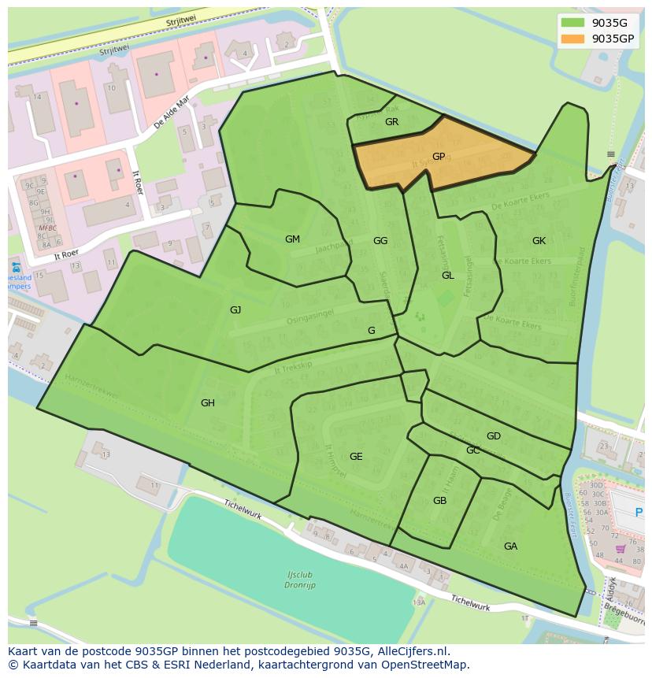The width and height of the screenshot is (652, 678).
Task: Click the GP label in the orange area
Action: (439, 157)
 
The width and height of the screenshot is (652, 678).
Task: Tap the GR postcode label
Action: (391, 122)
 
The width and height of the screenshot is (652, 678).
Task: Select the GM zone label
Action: (292, 239)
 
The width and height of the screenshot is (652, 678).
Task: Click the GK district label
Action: (539, 241)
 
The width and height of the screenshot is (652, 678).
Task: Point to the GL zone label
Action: (447, 276)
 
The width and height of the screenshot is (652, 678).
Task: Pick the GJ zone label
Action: (235, 310)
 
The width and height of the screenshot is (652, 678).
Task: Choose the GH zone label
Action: (207, 403)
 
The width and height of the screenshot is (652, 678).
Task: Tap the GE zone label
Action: (356, 457)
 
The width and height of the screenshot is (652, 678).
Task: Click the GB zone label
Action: (439, 501)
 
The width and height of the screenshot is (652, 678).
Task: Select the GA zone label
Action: (510, 546)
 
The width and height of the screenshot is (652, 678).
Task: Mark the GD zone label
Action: (493, 436)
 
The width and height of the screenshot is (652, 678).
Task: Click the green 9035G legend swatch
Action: (572, 23)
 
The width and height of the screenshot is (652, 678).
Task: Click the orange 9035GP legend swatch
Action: (572, 39)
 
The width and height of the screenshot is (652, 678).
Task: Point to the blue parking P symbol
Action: (639, 513)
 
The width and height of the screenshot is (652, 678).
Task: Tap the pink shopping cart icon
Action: (620, 549)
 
